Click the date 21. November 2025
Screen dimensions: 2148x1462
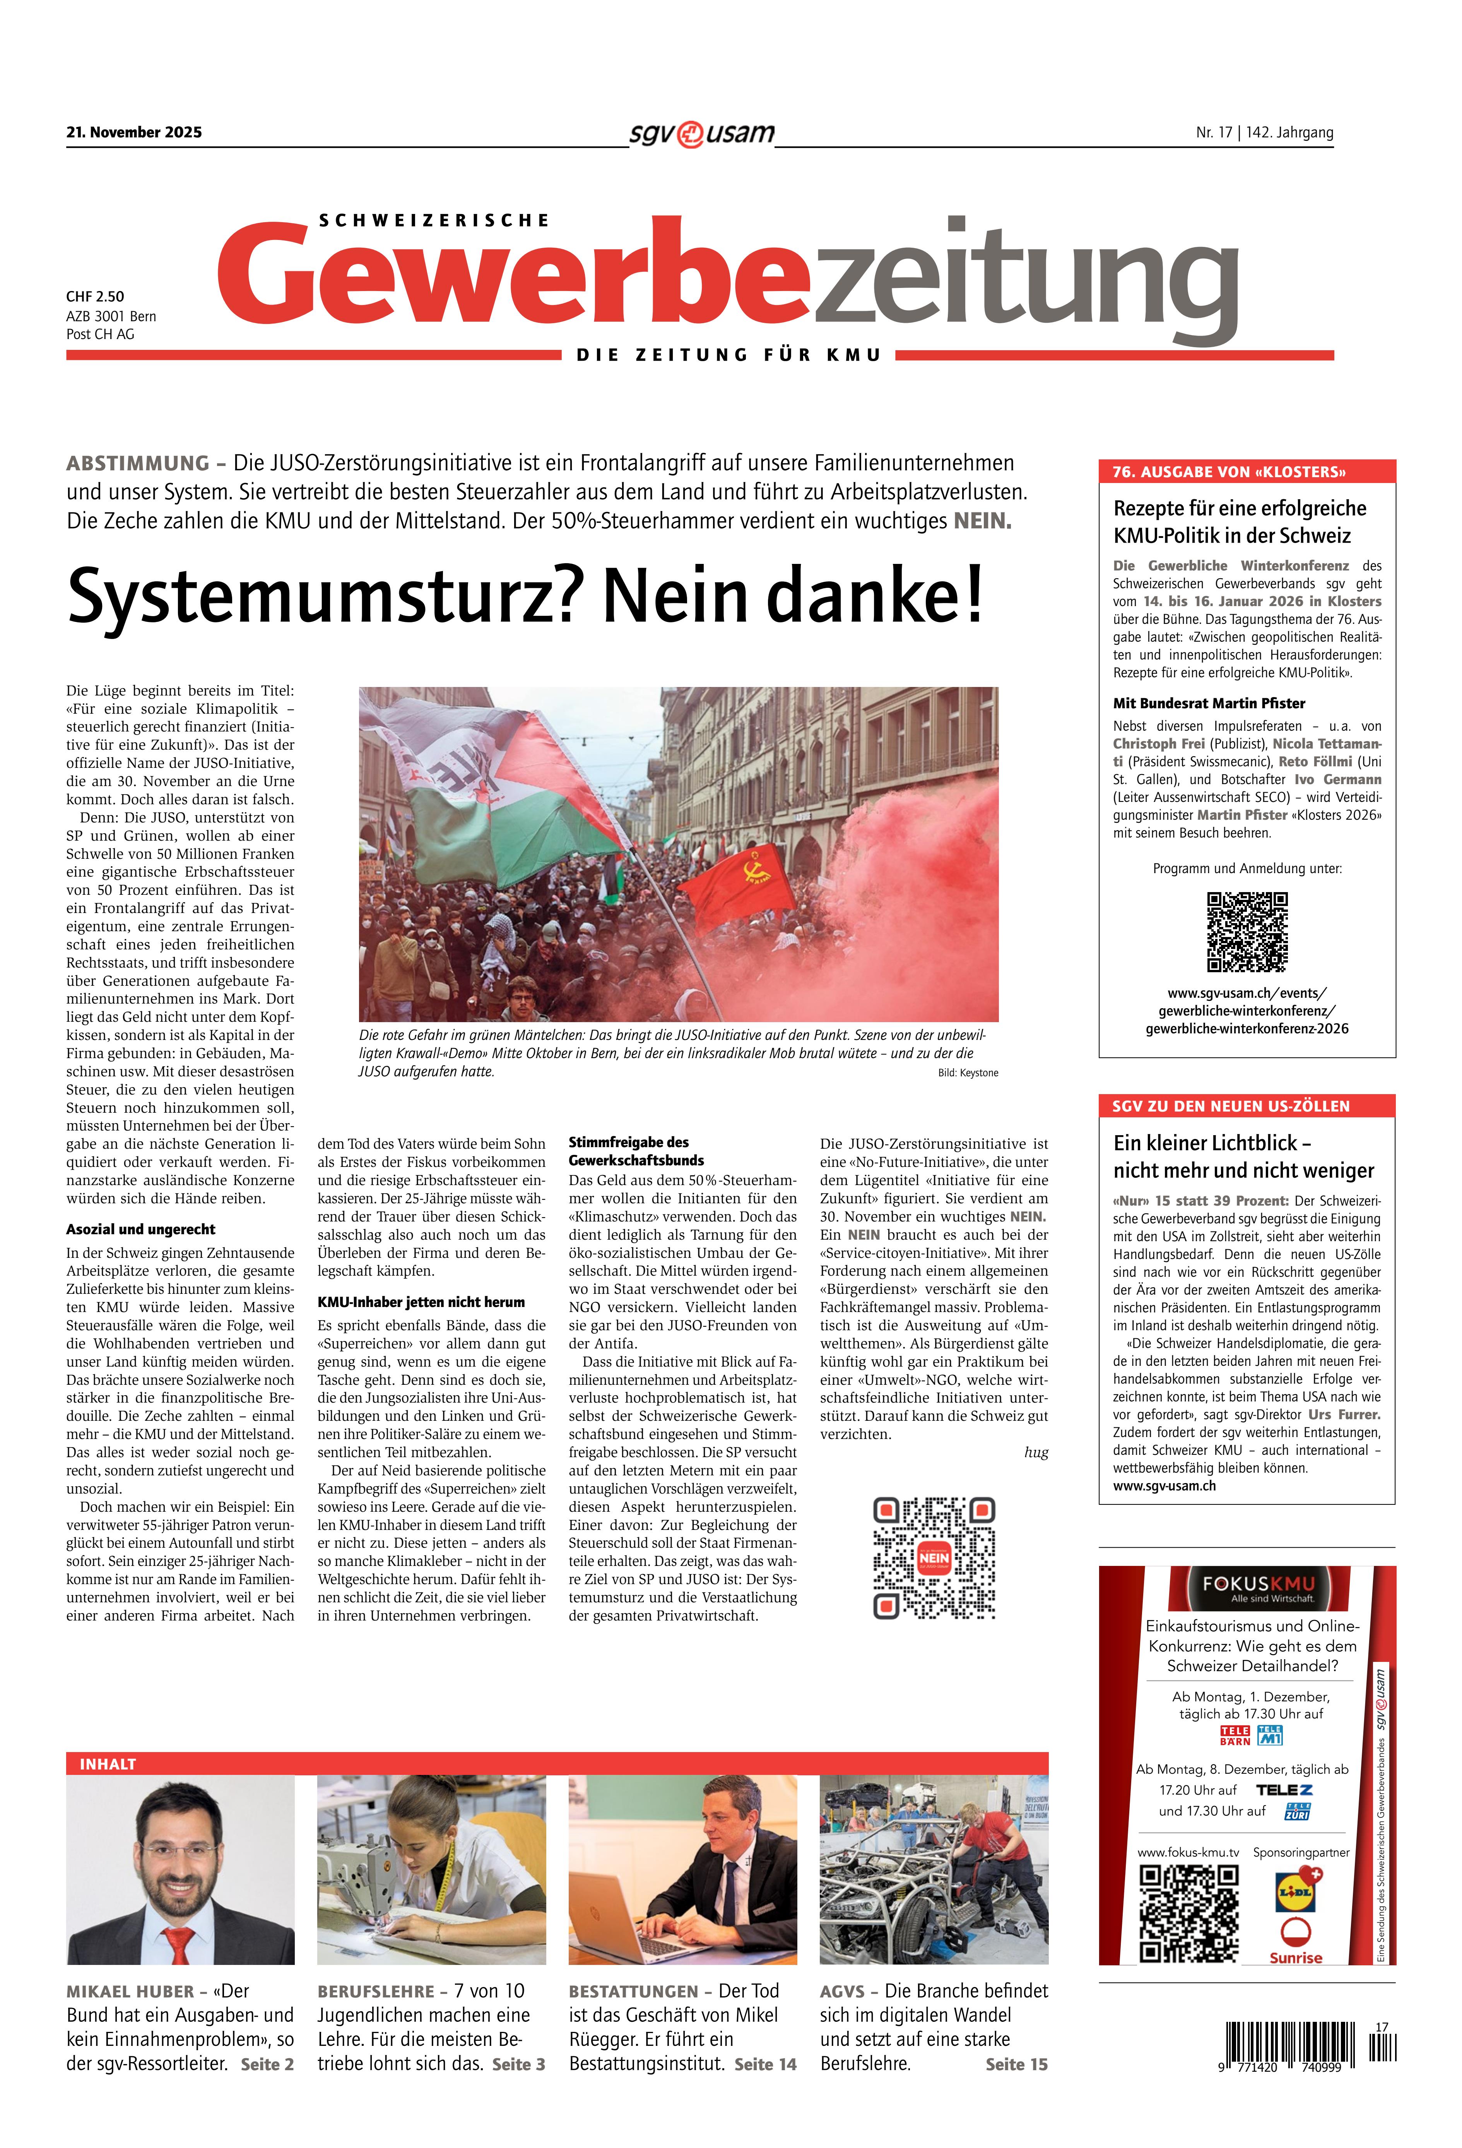point(134,132)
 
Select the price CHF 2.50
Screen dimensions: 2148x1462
point(95,297)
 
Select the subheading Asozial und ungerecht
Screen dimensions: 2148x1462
point(140,1229)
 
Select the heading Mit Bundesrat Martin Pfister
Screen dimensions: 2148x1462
point(1209,703)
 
